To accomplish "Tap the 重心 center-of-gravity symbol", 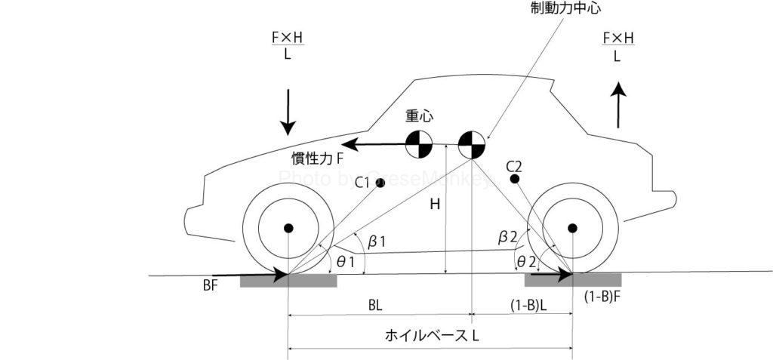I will pyautogui.click(x=418, y=143).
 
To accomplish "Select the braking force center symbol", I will pyautogui.click(x=471, y=143).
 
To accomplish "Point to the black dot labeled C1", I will pyautogui.click(x=380, y=183).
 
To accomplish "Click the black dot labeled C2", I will pyautogui.click(x=514, y=179).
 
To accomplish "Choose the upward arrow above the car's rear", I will pyautogui.click(x=618, y=103).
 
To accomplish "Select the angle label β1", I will pyautogui.click(x=377, y=242).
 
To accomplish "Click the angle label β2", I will pyautogui.click(x=507, y=237).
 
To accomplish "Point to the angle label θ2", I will pyautogui.click(x=525, y=261).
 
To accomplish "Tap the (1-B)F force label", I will pyautogui.click(x=602, y=297).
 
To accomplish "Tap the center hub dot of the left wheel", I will pyautogui.click(x=288, y=227).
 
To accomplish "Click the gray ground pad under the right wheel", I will pyautogui.click(x=573, y=281).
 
